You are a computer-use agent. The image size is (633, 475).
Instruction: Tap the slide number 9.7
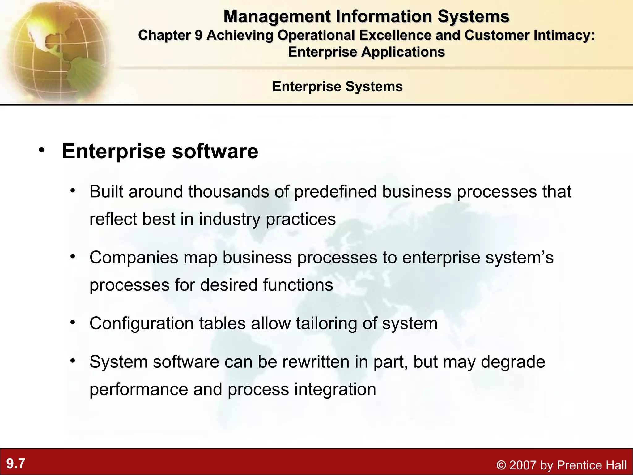click(16, 464)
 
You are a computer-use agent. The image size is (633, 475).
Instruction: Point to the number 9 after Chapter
click(198, 35)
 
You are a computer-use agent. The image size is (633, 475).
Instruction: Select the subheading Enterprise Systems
click(337, 86)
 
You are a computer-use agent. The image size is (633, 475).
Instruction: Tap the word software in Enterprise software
click(215, 151)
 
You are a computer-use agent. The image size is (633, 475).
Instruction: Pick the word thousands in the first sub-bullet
click(229, 191)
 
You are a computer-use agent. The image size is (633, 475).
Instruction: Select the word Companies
click(134, 257)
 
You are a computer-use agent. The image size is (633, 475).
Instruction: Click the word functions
click(298, 285)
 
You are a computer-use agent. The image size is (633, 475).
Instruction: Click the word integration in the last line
click(335, 389)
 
